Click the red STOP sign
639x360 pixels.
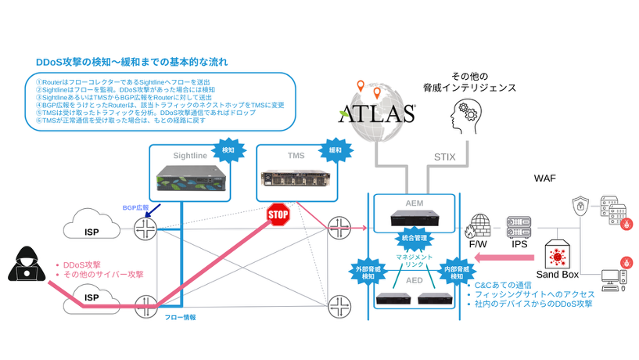[x=278, y=215]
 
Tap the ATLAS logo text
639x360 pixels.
[x=376, y=114]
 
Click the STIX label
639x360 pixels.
[x=445, y=157]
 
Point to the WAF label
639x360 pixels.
[x=544, y=178]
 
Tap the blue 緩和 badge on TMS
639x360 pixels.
[x=335, y=149]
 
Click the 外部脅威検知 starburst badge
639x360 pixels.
[x=366, y=271]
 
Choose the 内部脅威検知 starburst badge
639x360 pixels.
[x=457, y=271]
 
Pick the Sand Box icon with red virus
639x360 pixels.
[x=558, y=255]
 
